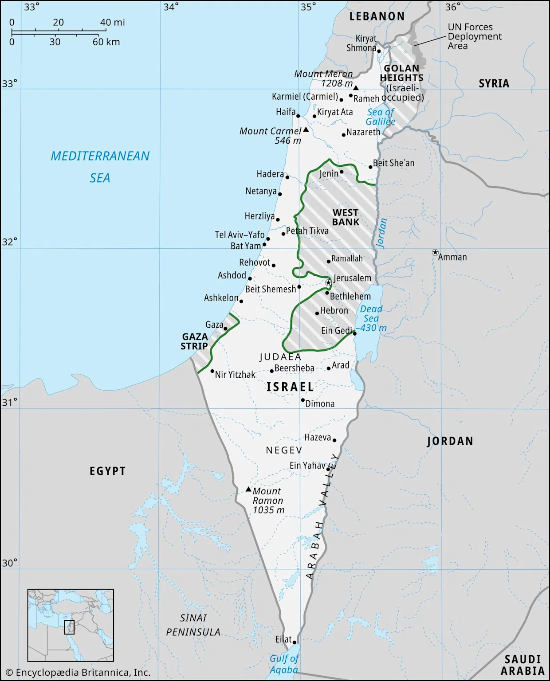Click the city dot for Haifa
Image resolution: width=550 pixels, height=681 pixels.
tap(298, 116)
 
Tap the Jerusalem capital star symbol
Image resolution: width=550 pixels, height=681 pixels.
tap(328, 282)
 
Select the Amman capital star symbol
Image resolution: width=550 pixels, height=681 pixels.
tap(435, 252)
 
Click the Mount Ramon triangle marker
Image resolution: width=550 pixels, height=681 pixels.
tap(248, 489)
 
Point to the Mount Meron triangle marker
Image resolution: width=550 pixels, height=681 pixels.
tap(356, 88)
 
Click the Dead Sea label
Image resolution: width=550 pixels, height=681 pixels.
tap(371, 314)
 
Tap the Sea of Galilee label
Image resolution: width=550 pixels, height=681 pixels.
tap(381, 117)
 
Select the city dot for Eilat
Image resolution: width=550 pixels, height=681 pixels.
tap(294, 642)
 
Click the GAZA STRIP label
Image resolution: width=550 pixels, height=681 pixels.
tap(194, 341)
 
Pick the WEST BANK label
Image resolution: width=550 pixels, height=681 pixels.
tap(346, 217)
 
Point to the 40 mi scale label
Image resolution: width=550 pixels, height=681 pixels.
tap(112, 22)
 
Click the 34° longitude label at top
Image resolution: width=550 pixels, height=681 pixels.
tap(171, 7)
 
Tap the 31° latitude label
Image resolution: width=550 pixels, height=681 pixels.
tap(9, 402)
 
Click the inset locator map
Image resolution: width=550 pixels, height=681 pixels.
tap(71, 625)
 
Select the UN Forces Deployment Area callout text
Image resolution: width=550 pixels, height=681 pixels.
tap(474, 36)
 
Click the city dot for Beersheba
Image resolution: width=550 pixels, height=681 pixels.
tap(272, 371)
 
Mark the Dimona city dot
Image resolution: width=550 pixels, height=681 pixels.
tap(303, 400)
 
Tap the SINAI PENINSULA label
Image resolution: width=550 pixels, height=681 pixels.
tap(193, 625)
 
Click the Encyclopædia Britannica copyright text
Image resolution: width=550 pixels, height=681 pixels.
tap(78, 673)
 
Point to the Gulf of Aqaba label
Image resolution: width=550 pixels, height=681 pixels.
tap(284, 664)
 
